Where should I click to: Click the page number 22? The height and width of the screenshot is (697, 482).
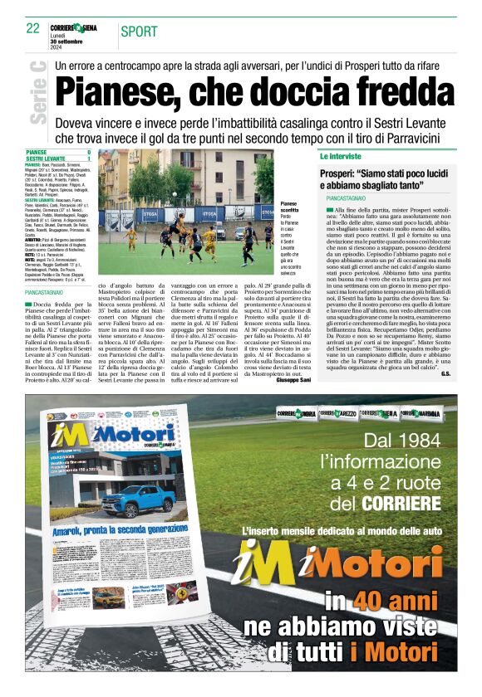click(x=32, y=28)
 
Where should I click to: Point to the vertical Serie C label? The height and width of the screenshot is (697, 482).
click(x=37, y=93)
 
